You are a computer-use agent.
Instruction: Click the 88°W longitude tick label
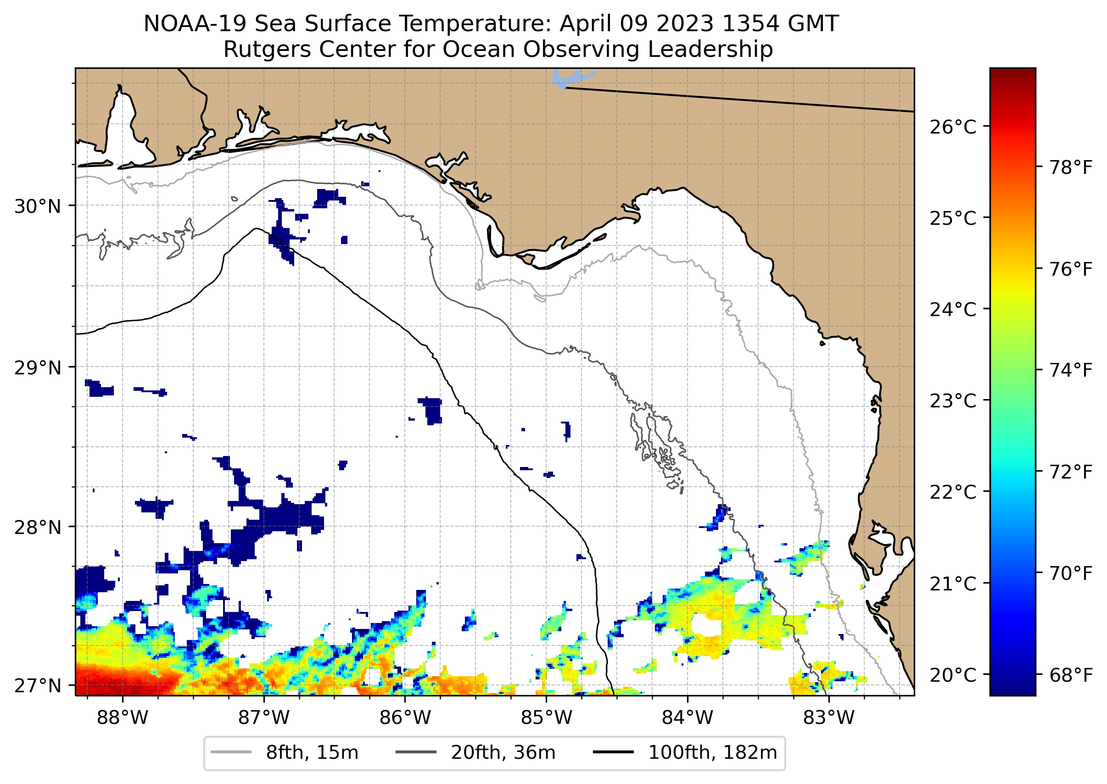(x=122, y=718)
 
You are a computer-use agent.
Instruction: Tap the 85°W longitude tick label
(x=546, y=718)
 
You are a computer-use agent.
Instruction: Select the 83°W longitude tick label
(x=829, y=718)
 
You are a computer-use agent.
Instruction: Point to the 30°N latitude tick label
(x=38, y=206)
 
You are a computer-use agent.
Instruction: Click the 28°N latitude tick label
(x=38, y=528)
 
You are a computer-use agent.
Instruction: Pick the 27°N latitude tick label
(x=38, y=685)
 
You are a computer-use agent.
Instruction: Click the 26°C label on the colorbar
(x=952, y=127)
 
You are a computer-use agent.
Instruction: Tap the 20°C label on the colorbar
(x=952, y=675)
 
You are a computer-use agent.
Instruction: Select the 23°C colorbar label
(x=952, y=400)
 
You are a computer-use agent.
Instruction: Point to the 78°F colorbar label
(x=1070, y=167)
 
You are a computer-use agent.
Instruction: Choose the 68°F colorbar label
(x=1070, y=675)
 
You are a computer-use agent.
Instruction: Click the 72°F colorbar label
(x=1070, y=472)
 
